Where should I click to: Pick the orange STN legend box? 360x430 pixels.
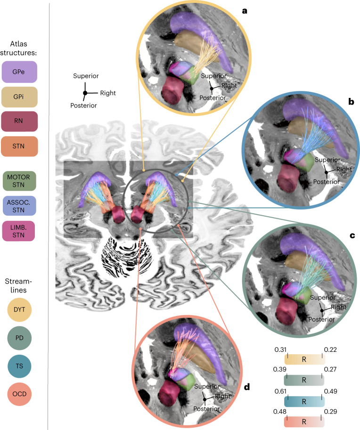coord(19,146)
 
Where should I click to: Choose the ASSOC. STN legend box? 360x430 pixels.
coord(19,206)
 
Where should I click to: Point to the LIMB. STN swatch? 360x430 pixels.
coord(19,230)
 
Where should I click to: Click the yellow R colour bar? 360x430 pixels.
coord(304,360)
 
